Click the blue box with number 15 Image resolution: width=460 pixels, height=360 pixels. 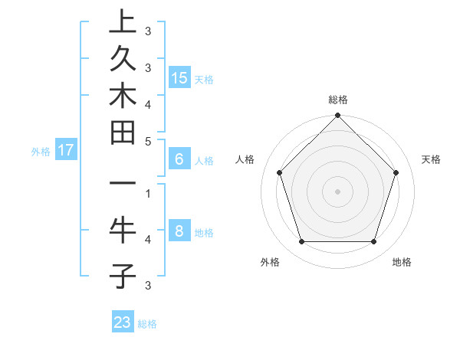(x=179, y=77)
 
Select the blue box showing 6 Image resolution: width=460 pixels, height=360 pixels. (x=179, y=159)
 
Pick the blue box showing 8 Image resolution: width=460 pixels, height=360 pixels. (x=179, y=231)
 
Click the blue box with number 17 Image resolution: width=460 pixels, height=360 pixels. (x=66, y=150)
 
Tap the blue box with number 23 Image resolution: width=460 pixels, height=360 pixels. (x=123, y=322)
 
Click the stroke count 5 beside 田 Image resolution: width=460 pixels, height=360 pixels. (x=147, y=142)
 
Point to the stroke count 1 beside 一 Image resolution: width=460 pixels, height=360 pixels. (x=147, y=193)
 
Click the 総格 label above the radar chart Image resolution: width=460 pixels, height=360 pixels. (x=337, y=100)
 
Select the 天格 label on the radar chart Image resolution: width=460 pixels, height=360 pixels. (x=431, y=159)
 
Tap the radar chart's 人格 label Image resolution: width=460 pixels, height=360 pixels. (x=245, y=159)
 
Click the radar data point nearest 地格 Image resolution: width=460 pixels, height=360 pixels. (x=374, y=242)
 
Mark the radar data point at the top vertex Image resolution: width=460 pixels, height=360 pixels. (x=337, y=117)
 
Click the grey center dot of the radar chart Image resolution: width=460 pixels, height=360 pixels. (x=337, y=191)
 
